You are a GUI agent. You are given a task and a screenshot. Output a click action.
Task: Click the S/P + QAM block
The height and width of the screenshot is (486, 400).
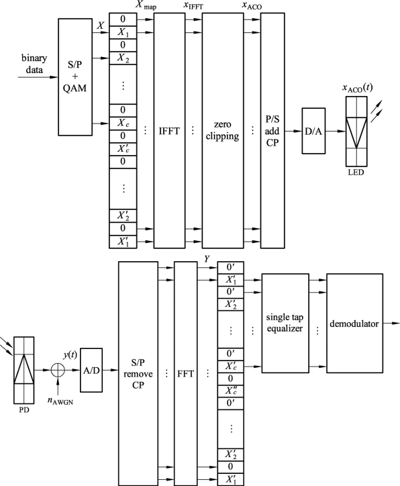coord(75,77)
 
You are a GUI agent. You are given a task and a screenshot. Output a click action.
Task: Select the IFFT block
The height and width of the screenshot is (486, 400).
coord(170,130)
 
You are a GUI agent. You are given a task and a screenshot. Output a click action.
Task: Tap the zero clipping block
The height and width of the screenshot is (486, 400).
coord(223,130)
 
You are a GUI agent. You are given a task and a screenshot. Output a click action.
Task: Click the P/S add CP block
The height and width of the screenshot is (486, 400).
coord(272,130)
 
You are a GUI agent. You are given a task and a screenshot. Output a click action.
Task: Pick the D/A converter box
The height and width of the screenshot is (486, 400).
coord(313,131)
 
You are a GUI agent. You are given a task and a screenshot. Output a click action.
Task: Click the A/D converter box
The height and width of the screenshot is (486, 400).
coord(91,370)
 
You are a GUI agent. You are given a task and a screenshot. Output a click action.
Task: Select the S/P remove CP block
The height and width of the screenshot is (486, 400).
coord(138,373)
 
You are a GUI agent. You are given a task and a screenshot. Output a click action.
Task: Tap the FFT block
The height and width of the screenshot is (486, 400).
coord(186,373)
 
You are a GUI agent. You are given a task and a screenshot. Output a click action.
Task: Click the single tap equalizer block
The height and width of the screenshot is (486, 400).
coord(285,323)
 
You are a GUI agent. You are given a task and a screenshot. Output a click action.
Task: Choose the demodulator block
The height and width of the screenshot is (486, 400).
coord(354,323)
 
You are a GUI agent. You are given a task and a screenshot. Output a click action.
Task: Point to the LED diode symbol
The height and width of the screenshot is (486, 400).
coord(356,132)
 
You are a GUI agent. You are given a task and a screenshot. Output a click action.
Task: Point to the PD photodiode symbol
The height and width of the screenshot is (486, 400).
coord(24,370)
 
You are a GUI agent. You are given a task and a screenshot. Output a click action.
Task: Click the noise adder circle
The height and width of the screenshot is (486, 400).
coord(58,370)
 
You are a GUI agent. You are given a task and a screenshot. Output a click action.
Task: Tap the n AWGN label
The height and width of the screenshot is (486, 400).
coord(60,401)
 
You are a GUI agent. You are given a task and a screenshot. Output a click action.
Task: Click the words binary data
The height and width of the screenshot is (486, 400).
coord(34,64)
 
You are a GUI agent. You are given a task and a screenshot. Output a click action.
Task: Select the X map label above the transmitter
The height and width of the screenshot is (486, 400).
coord(146,5)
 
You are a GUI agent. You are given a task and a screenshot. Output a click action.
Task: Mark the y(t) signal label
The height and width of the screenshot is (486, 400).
coord(70,354)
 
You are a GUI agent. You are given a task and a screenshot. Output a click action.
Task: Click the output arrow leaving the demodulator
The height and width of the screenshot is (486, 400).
coord(391,324)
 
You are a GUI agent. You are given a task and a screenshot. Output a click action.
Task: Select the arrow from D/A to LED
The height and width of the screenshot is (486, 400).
coord(336,131)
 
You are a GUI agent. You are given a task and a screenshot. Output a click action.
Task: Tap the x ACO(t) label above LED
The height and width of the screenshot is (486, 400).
coord(357,88)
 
